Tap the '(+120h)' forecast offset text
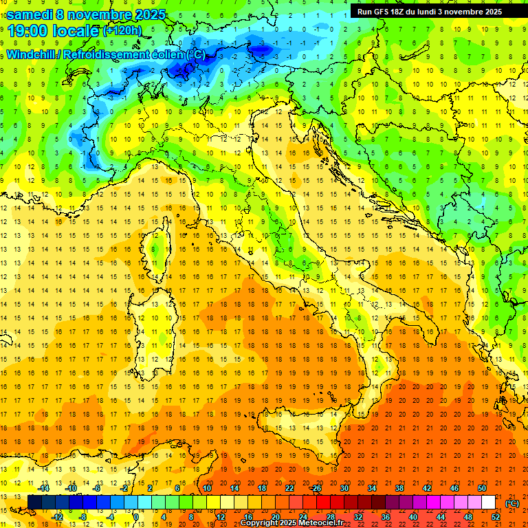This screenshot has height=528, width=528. point(123,31)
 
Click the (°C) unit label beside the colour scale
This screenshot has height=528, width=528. point(512,503)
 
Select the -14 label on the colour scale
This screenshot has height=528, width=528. point(45,488)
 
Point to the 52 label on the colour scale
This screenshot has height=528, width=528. point(496,517)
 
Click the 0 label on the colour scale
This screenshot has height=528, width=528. point(135,517)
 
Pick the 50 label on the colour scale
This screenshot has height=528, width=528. point(481,488)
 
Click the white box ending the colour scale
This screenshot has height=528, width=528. point(489,503)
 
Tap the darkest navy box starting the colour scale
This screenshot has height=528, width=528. point(34,503)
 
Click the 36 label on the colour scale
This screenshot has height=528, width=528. point(385,517)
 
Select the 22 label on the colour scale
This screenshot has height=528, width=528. point(289,488)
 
